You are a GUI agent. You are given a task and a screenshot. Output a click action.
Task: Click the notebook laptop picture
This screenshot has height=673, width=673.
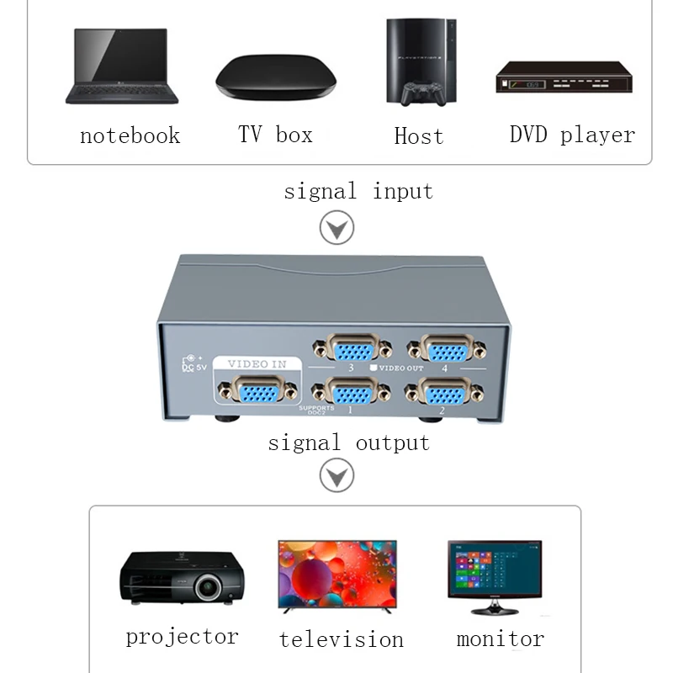point(121,67)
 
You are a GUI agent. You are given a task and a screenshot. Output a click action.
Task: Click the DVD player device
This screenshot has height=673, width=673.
point(563,81)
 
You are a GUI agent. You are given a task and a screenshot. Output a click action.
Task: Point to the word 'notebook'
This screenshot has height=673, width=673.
point(130,135)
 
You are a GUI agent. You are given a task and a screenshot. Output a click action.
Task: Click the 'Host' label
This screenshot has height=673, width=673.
point(418,136)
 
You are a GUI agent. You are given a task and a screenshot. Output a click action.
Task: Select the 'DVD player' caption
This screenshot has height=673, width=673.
point(572,135)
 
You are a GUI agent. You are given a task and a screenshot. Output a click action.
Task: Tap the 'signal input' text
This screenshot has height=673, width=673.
point(358,191)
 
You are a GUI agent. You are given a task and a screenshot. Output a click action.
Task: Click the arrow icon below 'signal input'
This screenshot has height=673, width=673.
point(337,227)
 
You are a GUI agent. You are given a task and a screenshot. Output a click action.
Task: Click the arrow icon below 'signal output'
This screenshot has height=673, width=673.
point(337,477)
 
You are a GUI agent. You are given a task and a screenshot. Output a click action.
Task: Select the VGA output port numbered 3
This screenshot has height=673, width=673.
point(351,347)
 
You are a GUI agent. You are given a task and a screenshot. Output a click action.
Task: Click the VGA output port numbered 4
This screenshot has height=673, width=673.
point(445,347)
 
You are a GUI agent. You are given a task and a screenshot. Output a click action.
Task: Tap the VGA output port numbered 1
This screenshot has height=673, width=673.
point(351,391)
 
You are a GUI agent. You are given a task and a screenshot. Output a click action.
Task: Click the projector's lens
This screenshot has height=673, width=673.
point(208,586)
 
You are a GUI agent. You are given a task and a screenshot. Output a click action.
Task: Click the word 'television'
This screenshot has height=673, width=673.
point(341,639)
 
